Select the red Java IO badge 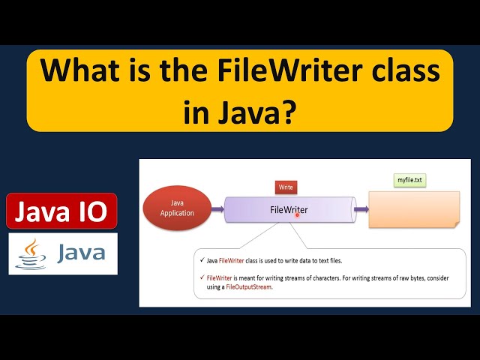pos(61,212)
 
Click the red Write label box pos(286,186)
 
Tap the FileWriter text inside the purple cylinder pos(289,209)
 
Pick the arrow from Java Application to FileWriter pos(217,209)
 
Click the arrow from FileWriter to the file pos(361,209)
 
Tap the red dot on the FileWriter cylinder pos(298,215)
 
